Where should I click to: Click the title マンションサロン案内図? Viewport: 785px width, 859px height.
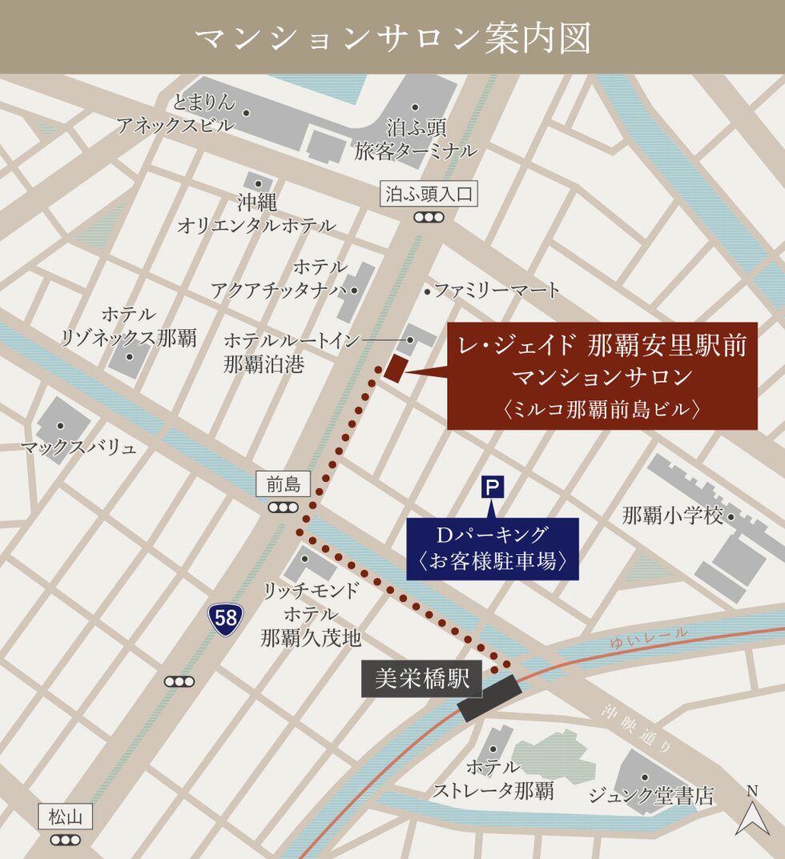[x=392, y=38]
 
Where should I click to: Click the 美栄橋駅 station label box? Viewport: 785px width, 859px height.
[x=422, y=679]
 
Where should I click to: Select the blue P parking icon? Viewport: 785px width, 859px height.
[x=493, y=487]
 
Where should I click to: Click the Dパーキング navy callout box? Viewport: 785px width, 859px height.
[x=493, y=548]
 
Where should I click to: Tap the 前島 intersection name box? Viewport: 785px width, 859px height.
[x=284, y=484]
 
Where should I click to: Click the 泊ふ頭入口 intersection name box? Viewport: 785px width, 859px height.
[x=429, y=194]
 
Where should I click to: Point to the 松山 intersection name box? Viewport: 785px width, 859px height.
[x=66, y=817]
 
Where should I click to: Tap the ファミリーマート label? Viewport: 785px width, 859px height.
[x=497, y=291]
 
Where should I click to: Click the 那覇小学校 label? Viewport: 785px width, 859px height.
[x=673, y=516]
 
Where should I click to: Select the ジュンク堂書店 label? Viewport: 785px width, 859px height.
[x=650, y=796]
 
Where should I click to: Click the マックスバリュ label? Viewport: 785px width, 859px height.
[x=78, y=448]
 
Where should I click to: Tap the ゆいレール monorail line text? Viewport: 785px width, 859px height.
[x=648, y=637]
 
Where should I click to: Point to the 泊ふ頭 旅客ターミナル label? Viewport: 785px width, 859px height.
[x=417, y=138]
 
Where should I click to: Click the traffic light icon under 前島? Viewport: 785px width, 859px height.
[x=284, y=507]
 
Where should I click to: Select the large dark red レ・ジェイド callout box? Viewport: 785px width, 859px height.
[x=602, y=376]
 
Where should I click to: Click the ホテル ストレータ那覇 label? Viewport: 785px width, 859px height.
[x=493, y=780]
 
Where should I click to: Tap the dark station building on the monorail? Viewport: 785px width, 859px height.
[x=490, y=697]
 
